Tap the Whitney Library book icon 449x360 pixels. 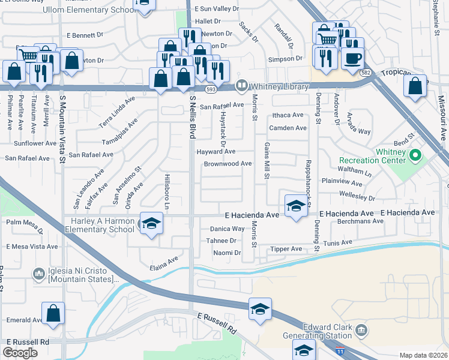click(241, 85)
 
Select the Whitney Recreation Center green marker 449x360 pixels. click(414, 156)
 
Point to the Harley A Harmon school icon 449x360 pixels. click(152, 223)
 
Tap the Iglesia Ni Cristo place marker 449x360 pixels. click(39, 275)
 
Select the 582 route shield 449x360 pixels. click(366, 73)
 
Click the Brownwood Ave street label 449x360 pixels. click(228, 164)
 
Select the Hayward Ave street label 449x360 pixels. click(216, 152)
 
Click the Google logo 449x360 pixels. click(20, 353)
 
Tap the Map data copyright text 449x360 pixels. click(423, 355)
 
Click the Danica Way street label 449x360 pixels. click(227, 229)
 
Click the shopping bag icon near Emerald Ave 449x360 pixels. click(53, 313)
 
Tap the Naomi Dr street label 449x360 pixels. click(227, 253)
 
